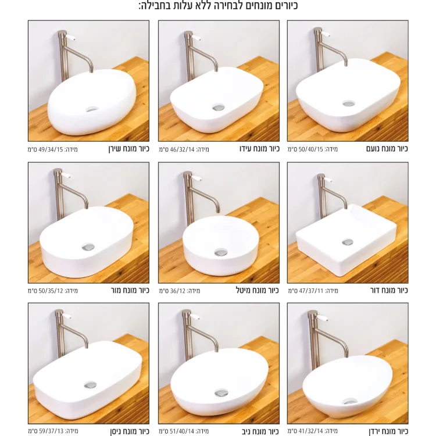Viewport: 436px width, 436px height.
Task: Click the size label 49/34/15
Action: click(x=51, y=149)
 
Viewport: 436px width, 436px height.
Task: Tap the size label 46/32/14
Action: click(x=183, y=149)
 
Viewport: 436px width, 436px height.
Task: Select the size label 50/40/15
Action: click(x=311, y=149)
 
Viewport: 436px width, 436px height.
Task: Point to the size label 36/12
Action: click(x=177, y=291)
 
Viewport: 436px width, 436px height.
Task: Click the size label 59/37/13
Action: click(x=51, y=431)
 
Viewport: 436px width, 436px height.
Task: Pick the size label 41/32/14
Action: click(x=311, y=431)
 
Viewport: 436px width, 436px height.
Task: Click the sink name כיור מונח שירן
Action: click(x=129, y=149)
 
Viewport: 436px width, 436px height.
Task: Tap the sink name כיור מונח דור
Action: click(x=389, y=291)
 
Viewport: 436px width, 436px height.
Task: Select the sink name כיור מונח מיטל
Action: click(x=257, y=291)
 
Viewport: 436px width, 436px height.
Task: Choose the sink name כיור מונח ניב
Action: click(x=259, y=431)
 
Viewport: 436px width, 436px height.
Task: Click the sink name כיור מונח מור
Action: click(x=130, y=291)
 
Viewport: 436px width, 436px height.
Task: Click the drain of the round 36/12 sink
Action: click(x=221, y=253)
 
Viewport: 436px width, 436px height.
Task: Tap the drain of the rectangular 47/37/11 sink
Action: click(x=347, y=242)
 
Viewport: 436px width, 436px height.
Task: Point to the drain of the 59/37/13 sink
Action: click(x=90, y=385)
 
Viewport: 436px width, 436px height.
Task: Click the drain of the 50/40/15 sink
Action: click(x=348, y=103)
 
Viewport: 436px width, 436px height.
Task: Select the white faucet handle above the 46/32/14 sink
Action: click(x=198, y=37)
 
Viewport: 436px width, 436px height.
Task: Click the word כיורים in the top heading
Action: click(x=282, y=6)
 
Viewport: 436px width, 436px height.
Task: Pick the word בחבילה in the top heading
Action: click(x=156, y=6)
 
